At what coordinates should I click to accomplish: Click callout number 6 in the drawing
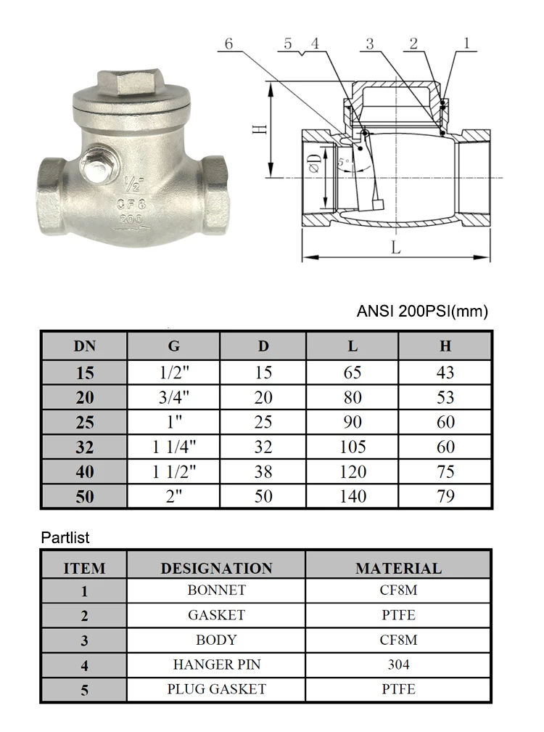click(229, 44)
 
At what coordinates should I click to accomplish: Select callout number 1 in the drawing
click(466, 44)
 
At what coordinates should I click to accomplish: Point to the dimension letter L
click(395, 247)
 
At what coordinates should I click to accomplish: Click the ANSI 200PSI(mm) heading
click(422, 312)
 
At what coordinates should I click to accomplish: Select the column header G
click(173, 346)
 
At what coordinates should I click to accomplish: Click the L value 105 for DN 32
click(353, 447)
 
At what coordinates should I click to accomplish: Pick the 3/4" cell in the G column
click(173, 397)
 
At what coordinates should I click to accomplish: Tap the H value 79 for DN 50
click(445, 496)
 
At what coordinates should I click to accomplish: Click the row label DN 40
click(84, 471)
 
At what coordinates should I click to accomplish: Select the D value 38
click(263, 471)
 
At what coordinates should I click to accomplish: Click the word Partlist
click(65, 538)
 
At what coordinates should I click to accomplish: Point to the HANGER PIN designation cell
click(216, 664)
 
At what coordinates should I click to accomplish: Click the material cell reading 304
click(398, 664)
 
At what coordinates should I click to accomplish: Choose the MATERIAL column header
click(398, 568)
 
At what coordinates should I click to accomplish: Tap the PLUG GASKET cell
click(216, 688)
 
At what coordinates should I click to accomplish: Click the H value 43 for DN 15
click(445, 373)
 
